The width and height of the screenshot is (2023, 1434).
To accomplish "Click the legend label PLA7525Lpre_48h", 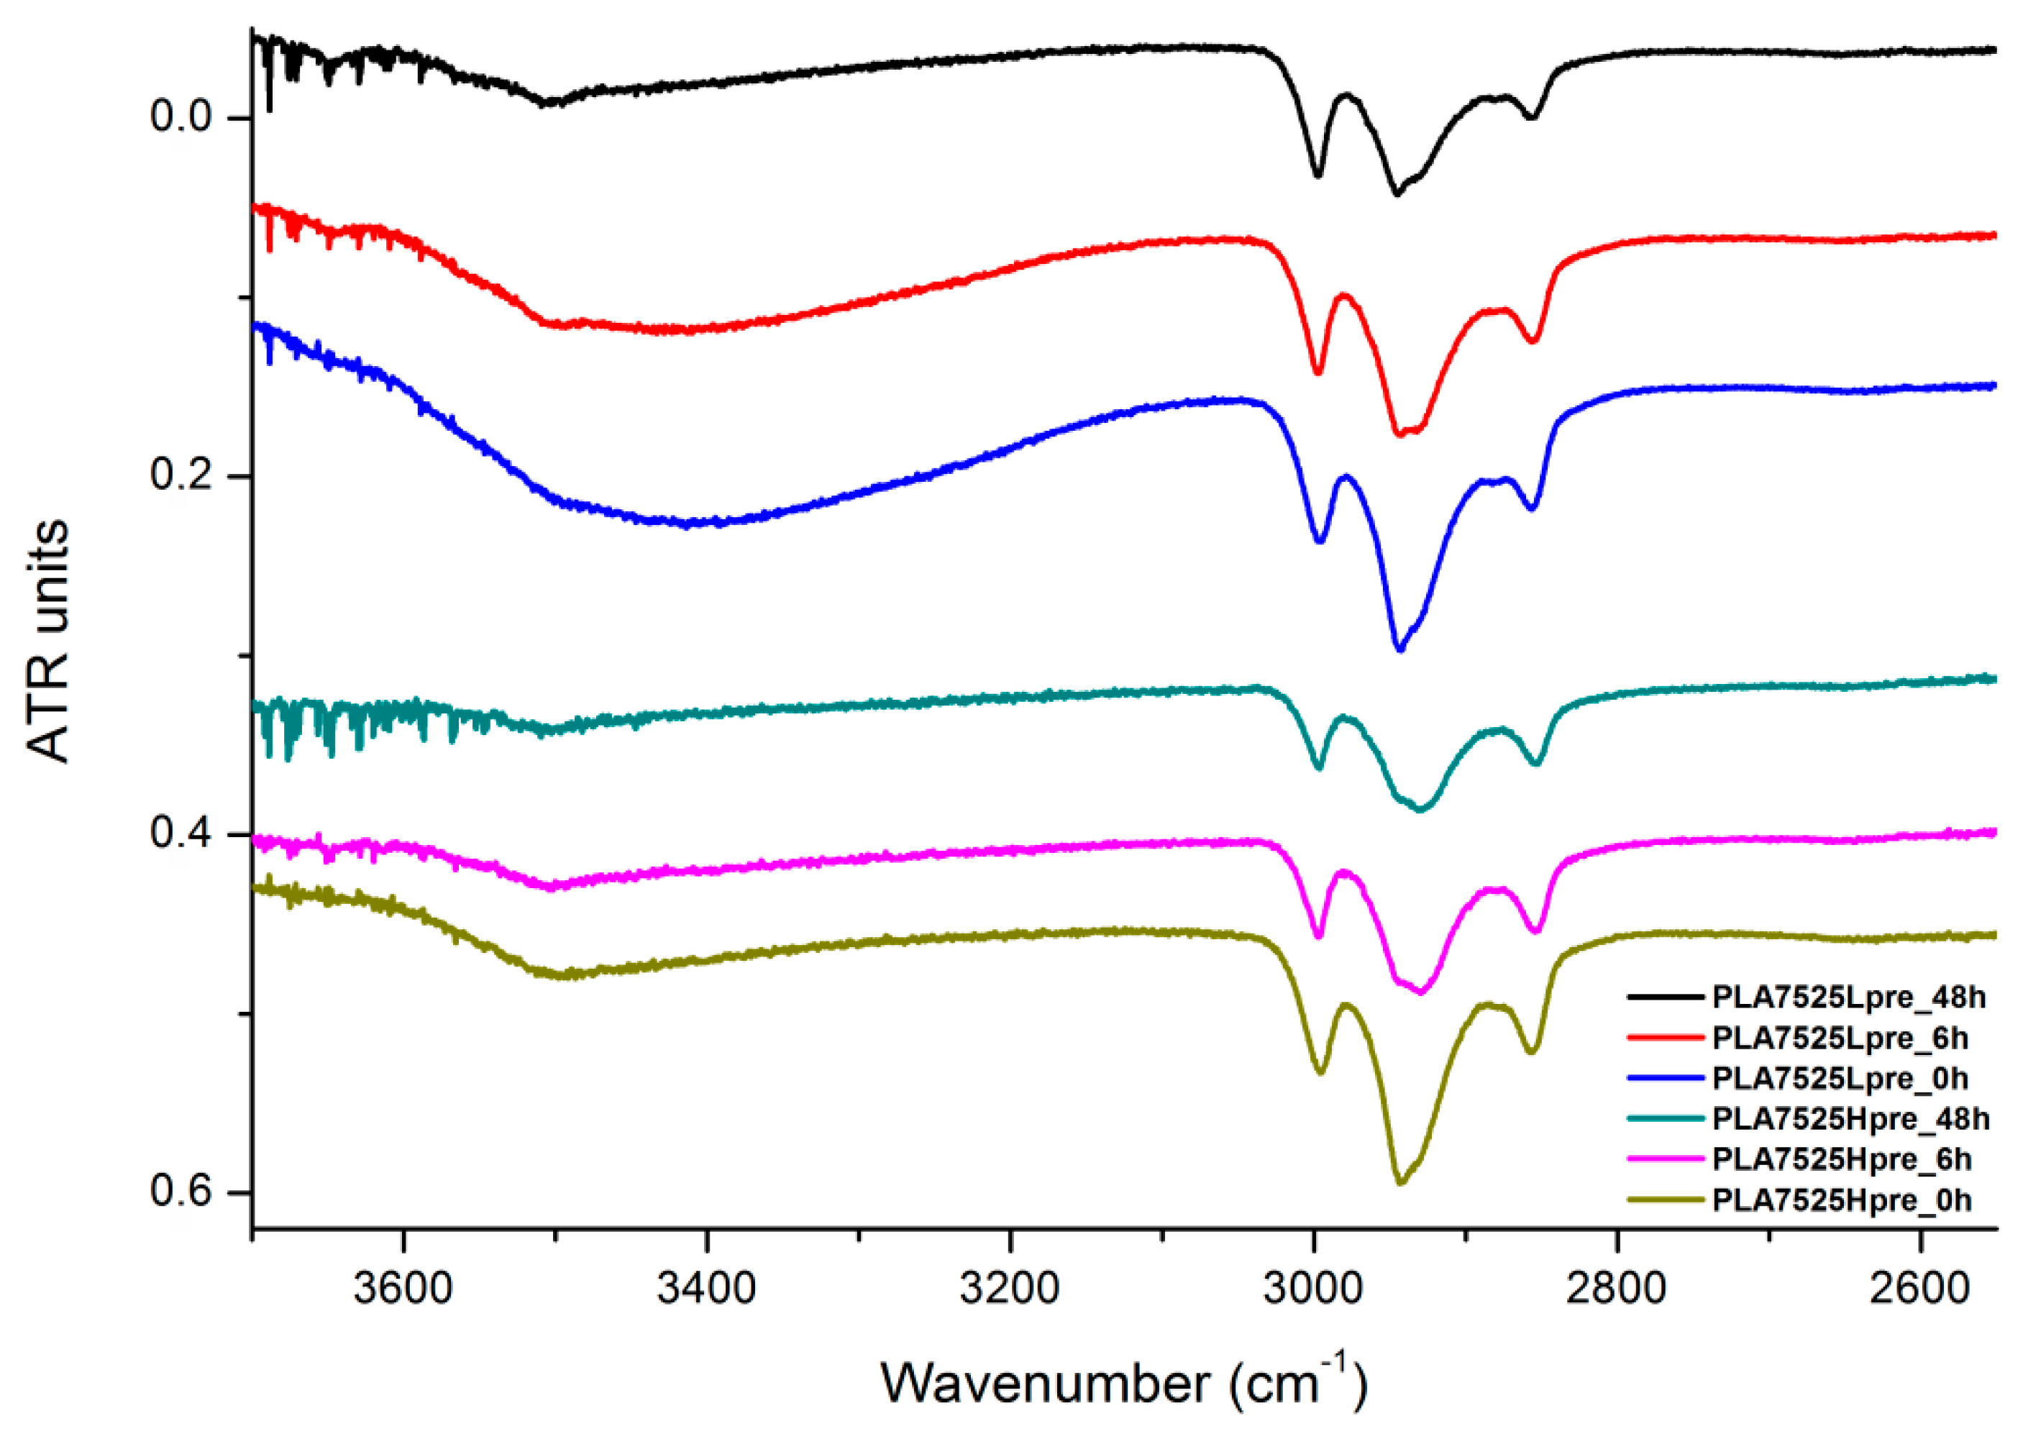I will pos(1848,997).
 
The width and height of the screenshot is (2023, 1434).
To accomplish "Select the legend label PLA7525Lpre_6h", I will pos(1840,1038).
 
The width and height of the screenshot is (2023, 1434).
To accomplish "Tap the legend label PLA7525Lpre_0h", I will pos(1840,1078).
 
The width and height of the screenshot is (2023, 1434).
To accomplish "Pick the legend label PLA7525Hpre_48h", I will pos(1850,1119).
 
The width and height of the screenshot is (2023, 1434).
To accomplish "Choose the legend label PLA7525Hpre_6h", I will pos(1841,1159).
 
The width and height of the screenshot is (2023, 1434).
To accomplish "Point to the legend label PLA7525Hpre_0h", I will pos(1841,1200).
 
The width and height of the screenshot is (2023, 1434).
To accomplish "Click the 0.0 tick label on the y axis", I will pos(182,117).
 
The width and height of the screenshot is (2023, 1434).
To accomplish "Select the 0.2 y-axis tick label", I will pos(182,475).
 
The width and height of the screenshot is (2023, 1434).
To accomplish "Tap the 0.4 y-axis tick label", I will pos(182,833).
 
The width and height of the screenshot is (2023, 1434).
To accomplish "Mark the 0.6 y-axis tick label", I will pos(182,1191).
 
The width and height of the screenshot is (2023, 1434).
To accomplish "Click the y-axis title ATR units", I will pos(49,640).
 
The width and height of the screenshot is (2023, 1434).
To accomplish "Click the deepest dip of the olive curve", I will pos(1399,1182).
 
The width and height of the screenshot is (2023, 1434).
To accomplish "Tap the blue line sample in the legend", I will pos(1664,1078).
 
